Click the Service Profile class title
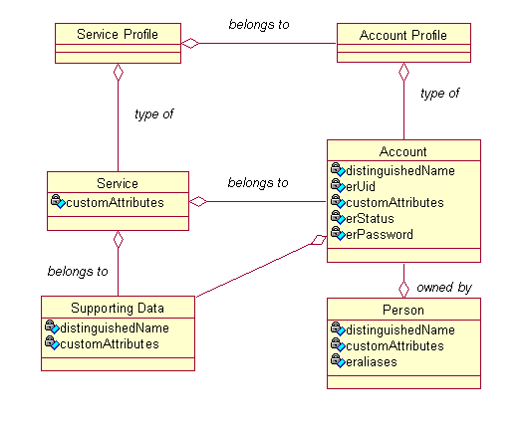[117, 35]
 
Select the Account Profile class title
[403, 35]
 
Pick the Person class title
[403, 311]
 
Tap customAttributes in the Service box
[127, 202]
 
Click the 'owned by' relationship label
[444, 287]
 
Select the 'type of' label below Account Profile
[439, 94]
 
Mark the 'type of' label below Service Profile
[154, 114]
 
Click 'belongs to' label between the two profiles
[259, 23]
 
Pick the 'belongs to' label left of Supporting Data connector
[78, 271]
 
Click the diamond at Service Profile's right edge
[189, 43]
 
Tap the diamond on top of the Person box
[403, 289]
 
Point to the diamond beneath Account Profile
[403, 73]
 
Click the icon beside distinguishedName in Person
[337, 329]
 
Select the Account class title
[403, 151]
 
